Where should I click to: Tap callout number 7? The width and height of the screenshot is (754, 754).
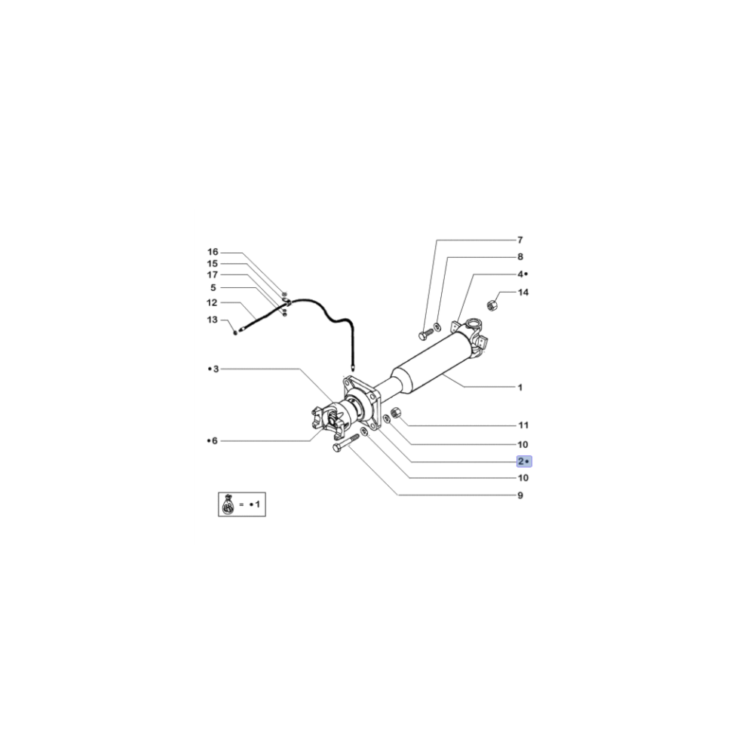520,240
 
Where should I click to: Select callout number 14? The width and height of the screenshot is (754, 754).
523,292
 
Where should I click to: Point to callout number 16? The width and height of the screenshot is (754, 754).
213,251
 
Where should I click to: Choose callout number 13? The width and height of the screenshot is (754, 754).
213,320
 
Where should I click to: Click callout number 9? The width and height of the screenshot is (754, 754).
520,495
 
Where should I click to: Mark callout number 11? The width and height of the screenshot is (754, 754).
523,425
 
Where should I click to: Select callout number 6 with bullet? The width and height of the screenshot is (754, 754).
213,440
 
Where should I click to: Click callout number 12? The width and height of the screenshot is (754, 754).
213,302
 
